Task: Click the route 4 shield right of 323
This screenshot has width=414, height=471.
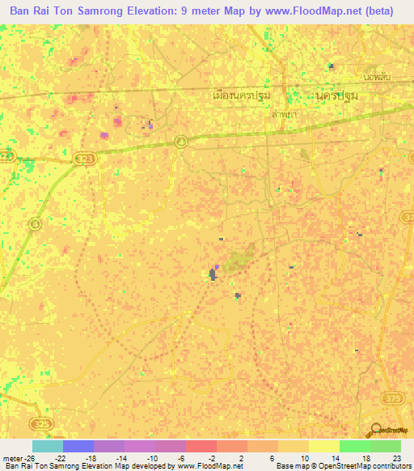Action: click(x=182, y=142)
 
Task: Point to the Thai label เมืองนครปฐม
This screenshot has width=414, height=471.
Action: click(x=240, y=95)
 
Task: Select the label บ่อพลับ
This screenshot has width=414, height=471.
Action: click(x=378, y=77)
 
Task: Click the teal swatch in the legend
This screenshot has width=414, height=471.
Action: click(x=47, y=446)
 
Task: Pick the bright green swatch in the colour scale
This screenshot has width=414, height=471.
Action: click(x=354, y=446)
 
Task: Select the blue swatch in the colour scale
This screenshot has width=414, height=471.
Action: click(x=78, y=446)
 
